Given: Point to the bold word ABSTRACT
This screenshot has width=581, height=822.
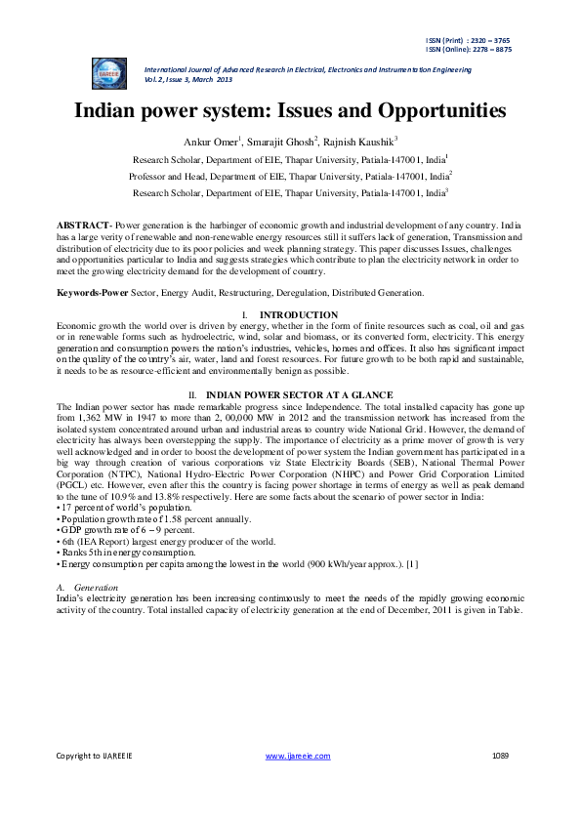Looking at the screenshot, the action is (x=84, y=226).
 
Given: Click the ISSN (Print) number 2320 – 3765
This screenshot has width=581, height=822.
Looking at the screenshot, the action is (x=492, y=40).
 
